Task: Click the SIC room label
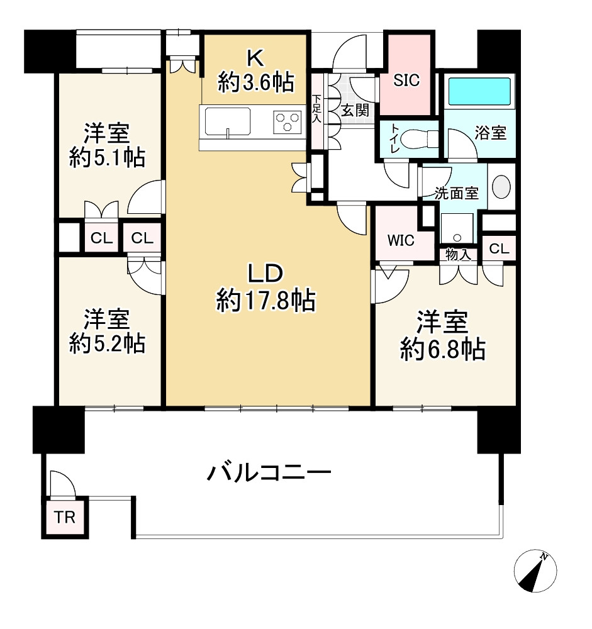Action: click(406, 81)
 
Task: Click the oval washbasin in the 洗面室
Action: click(501, 186)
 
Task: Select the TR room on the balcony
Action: click(64, 518)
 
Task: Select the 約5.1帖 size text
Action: click(107, 159)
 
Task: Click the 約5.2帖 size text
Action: click(107, 343)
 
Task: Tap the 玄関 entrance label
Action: click(355, 111)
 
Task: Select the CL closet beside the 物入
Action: click(499, 248)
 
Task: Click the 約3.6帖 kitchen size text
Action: click(255, 82)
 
